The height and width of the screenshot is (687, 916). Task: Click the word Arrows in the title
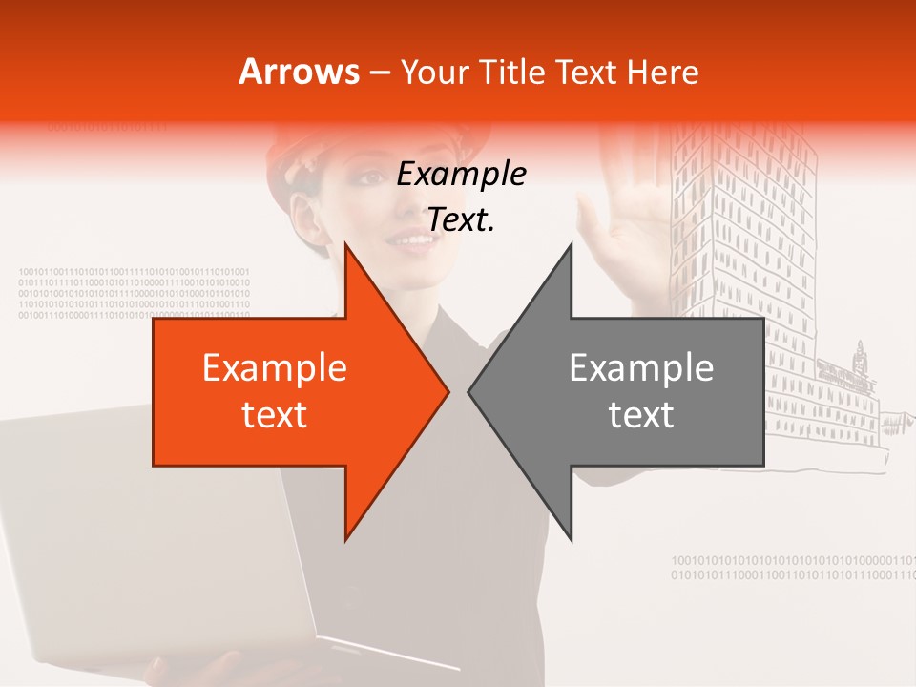300,72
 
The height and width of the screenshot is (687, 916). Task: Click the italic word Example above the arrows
461,175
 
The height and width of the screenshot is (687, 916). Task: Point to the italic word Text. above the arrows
461,219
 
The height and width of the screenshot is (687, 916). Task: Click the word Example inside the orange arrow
275,368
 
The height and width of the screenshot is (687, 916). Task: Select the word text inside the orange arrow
275,415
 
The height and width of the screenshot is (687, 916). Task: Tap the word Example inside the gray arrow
641,368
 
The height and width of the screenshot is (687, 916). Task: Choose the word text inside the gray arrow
641,415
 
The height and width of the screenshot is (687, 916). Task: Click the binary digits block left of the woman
134,294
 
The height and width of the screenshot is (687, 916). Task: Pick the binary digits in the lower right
792,568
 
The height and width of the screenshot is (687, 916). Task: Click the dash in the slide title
379,73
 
